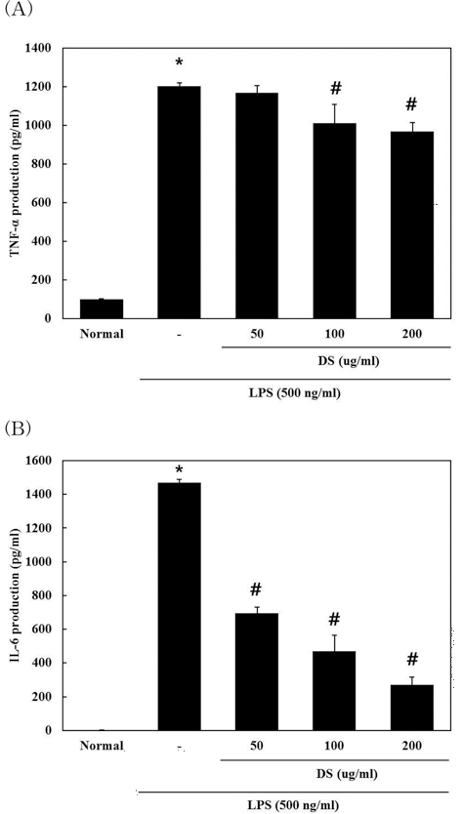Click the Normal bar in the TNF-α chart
tap(102, 308)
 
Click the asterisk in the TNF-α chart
tap(180, 71)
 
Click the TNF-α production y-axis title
tap(15, 183)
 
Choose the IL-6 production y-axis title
tap(15, 595)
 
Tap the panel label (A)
tap(19, 13)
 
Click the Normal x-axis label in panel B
tap(102, 747)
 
